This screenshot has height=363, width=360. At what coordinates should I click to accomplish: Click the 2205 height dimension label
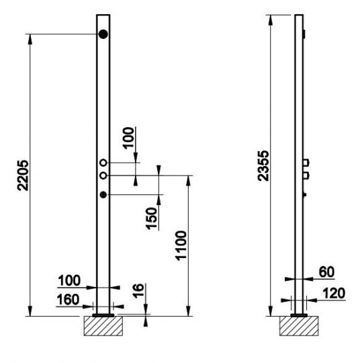click(x=23, y=175)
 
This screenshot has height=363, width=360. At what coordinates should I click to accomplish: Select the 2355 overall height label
click(x=263, y=165)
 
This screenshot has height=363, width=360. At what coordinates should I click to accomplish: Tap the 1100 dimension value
click(x=181, y=245)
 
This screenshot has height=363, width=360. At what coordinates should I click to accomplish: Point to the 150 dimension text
click(x=151, y=218)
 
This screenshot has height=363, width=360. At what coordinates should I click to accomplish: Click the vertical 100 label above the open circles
click(x=128, y=138)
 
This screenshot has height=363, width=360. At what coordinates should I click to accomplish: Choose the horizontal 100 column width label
click(x=69, y=280)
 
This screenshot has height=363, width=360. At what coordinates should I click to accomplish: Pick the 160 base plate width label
click(x=68, y=299)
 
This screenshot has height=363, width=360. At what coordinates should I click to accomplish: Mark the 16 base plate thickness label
click(x=138, y=291)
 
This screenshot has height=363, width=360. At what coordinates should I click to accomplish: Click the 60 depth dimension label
click(x=326, y=272)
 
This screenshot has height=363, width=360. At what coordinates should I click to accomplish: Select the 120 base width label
click(x=334, y=293)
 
